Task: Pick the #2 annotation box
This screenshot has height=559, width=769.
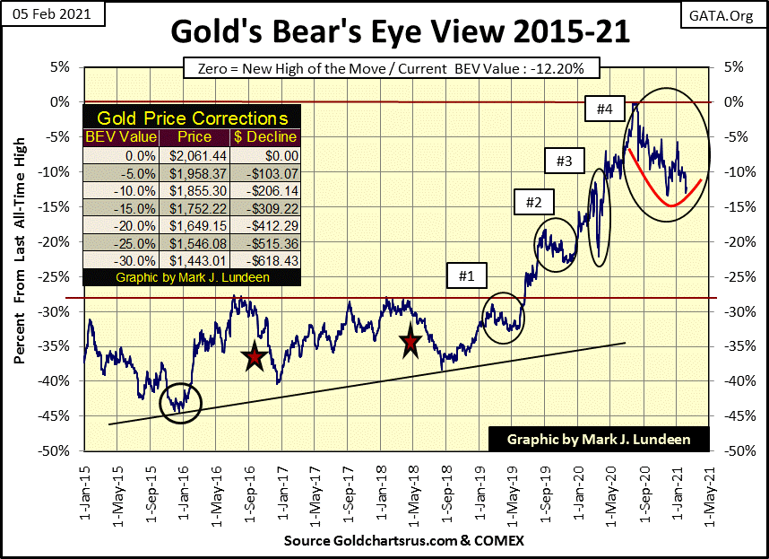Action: pos(533,202)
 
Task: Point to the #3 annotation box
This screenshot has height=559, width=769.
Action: pos(564,162)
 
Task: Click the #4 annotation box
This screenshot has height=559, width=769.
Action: pos(604,110)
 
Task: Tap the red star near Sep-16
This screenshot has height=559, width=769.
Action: pos(255,356)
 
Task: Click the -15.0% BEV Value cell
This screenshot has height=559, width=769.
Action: pos(120,207)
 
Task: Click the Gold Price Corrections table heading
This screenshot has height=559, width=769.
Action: pos(192,118)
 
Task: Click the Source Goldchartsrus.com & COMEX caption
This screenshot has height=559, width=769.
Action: pos(403,541)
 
